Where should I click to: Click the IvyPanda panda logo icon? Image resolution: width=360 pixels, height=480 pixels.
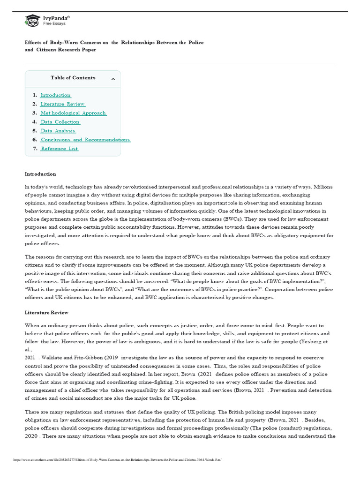tap(32, 20)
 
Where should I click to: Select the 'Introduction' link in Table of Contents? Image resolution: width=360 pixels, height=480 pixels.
tap(55, 95)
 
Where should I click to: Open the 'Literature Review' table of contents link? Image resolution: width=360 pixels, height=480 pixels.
tap(62, 104)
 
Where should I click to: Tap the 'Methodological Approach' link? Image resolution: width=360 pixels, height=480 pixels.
tap(73, 113)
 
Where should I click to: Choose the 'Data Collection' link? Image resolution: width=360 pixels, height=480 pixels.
tap(60, 122)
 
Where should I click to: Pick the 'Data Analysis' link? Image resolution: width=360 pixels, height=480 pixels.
tap(58, 131)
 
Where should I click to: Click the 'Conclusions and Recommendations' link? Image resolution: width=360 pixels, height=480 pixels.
tap(85, 140)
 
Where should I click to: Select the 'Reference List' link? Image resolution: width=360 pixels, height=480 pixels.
tap(60, 149)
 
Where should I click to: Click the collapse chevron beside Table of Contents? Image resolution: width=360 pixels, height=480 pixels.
tap(113, 79)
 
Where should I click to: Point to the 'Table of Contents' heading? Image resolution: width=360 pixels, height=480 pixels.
tap(73, 78)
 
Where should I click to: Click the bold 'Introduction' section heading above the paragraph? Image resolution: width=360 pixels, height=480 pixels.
tap(40, 174)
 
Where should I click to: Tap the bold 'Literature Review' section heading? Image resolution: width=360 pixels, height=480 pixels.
tap(46, 312)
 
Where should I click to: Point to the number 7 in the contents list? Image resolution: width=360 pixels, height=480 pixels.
tap(35, 149)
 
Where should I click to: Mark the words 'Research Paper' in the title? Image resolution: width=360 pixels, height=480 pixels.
tap(76, 50)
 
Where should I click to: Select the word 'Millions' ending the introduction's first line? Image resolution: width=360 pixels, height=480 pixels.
tap(322, 187)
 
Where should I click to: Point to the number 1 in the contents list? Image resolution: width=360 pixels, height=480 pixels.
tap(35, 95)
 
